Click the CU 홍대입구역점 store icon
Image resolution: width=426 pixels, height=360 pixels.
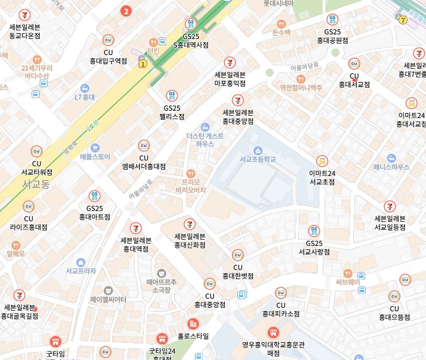(108, 40)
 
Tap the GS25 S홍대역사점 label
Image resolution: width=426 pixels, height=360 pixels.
(191, 41)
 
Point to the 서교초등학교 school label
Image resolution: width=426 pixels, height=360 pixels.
(257, 159)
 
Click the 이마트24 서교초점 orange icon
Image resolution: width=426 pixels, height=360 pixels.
(322, 161)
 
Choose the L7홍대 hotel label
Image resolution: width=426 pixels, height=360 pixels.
(84, 97)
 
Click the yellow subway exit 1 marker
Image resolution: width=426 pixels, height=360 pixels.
(143, 64)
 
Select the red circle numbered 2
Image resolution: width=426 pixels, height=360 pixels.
(127, 10)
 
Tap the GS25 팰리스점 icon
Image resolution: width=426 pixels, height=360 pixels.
(171, 95)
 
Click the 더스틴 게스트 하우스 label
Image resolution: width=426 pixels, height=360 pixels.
(205, 140)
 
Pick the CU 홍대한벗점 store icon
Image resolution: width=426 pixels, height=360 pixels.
(237, 255)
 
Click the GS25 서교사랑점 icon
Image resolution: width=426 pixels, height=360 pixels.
(314, 231)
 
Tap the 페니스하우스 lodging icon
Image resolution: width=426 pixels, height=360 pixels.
(392, 157)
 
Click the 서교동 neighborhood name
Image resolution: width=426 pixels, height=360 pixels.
(36, 185)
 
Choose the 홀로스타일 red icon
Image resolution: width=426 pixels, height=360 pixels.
(193, 324)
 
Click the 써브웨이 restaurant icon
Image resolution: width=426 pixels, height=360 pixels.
(347, 273)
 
